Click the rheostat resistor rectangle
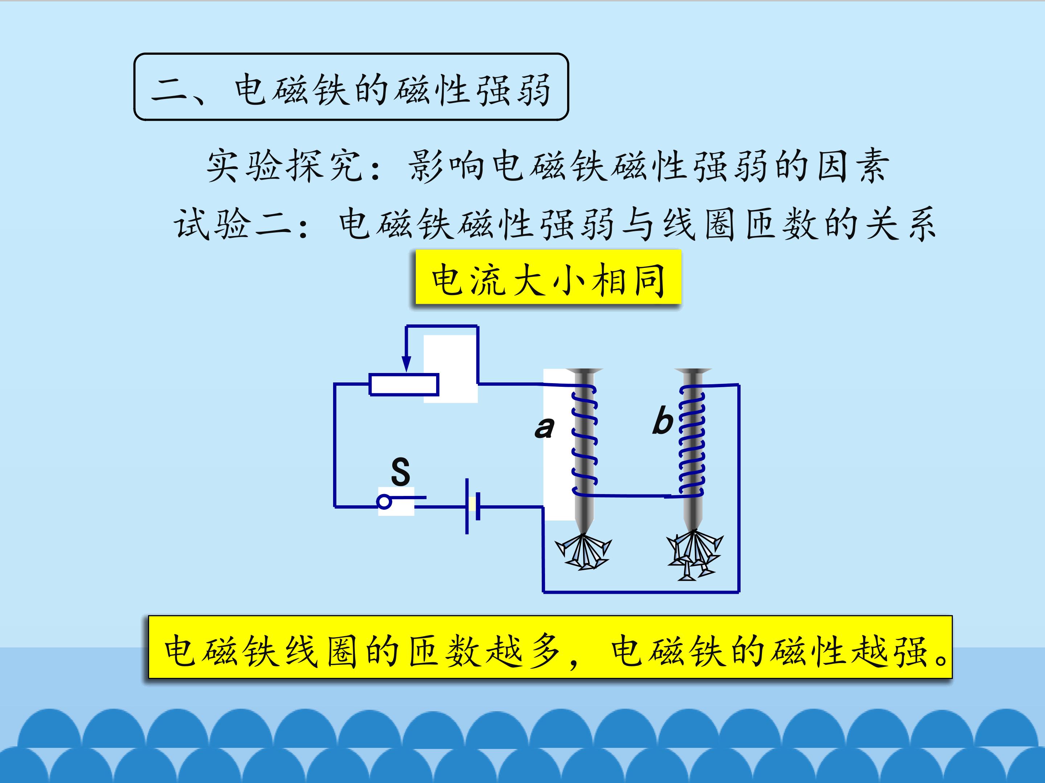tap(404, 384)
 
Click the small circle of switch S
tap(385, 501)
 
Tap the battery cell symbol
tap(472, 506)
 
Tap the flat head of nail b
tap(693, 371)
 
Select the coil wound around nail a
tap(585, 441)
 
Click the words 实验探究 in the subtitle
tap(285, 166)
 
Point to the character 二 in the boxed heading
tap(169, 90)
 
